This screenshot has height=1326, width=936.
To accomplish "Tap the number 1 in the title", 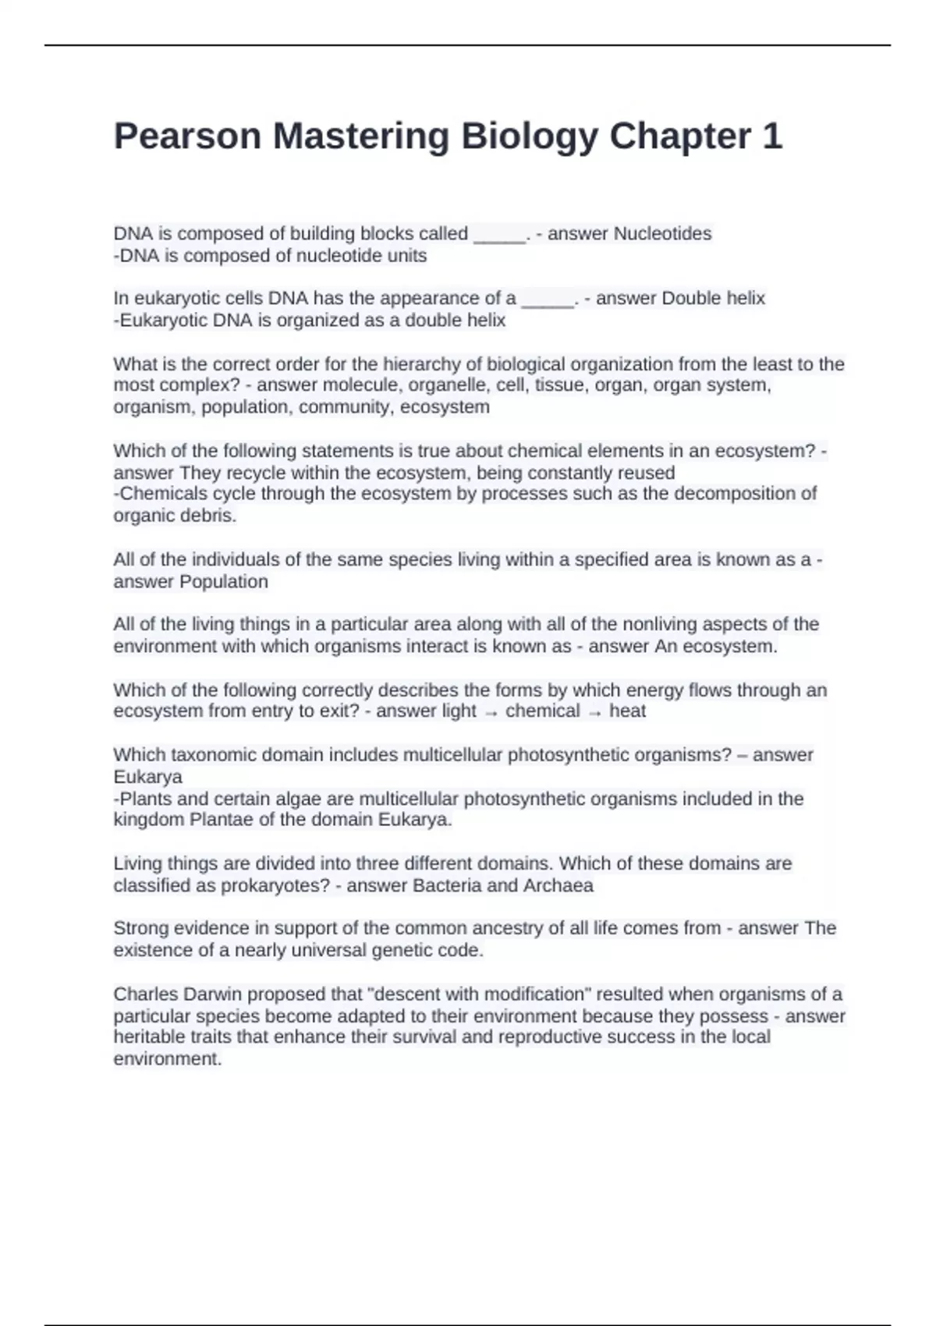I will click(771, 136).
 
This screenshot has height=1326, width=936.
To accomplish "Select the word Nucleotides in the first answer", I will click(663, 233).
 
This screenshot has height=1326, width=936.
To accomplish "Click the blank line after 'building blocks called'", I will click(500, 235).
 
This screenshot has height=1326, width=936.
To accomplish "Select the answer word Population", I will click(224, 581).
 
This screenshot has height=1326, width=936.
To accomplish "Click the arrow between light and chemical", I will click(491, 712).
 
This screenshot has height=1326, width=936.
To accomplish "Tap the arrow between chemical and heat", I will click(594, 712).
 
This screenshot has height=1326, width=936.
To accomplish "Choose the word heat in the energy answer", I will click(627, 711).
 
